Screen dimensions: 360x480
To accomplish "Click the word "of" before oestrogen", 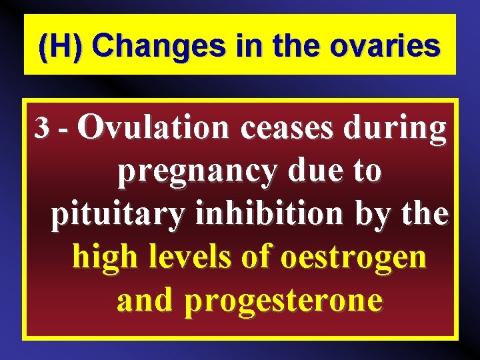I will pos(257,256).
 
